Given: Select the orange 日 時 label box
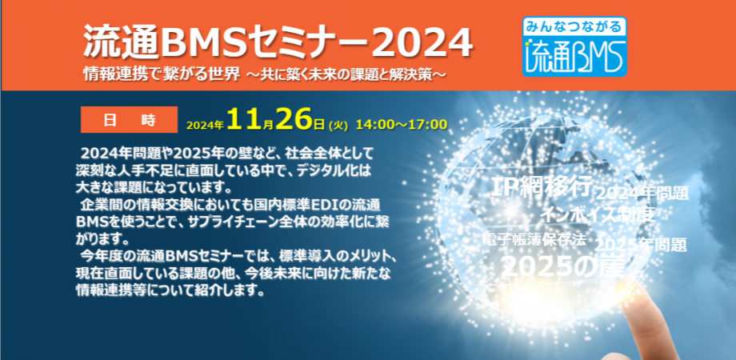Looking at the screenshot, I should click(x=129, y=120).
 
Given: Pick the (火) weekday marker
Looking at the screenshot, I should click(x=338, y=125).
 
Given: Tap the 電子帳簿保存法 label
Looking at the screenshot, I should click(x=535, y=239).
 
